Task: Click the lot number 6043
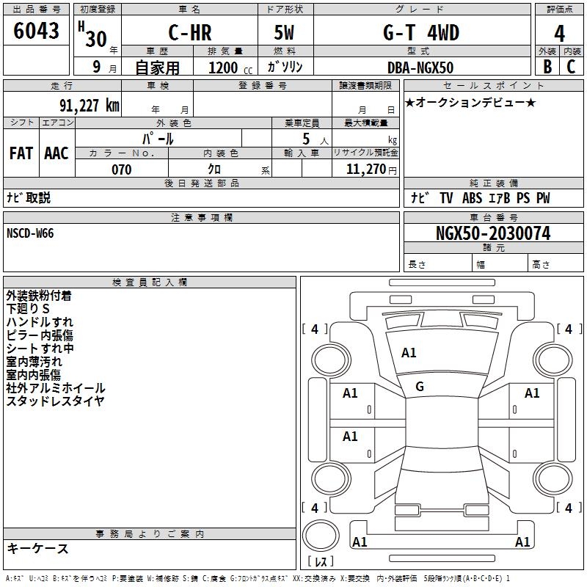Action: tap(36, 31)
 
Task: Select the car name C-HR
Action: tap(190, 32)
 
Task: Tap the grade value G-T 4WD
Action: tap(421, 32)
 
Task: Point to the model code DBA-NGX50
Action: tap(420, 68)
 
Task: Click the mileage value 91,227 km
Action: tap(90, 105)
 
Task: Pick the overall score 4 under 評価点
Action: tap(559, 34)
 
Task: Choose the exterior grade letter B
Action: tap(547, 67)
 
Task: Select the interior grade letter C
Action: tap(571, 67)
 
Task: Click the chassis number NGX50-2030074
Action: tap(493, 233)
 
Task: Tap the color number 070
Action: tap(122, 169)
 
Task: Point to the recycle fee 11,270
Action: tap(366, 169)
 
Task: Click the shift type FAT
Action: tap(21, 153)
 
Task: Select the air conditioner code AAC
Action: tap(56, 153)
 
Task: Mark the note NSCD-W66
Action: tap(30, 233)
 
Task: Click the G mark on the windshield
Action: tap(420, 387)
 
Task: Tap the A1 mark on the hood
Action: tap(409, 353)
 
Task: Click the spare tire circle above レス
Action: tap(321, 536)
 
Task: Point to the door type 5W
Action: tap(284, 32)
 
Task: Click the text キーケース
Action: tap(37, 548)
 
